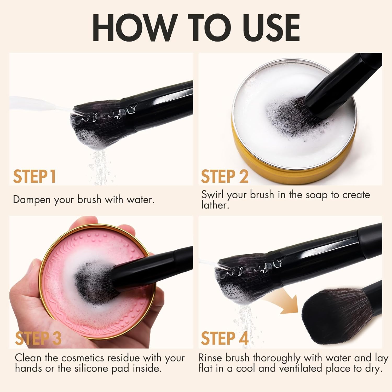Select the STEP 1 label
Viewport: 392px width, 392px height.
(34, 177)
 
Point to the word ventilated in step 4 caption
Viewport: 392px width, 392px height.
(298, 368)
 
